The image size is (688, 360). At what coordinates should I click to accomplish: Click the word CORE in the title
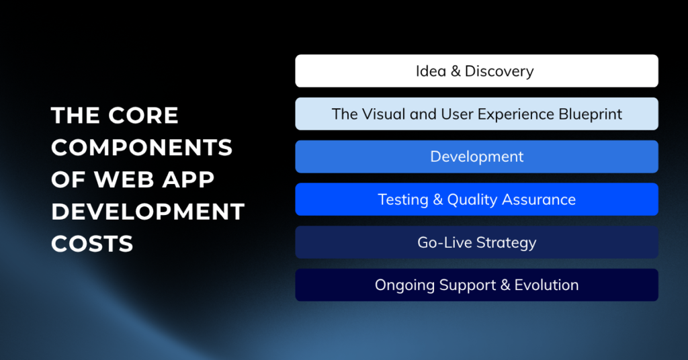[x=144, y=116]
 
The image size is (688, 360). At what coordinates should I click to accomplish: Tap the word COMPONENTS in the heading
[x=142, y=148]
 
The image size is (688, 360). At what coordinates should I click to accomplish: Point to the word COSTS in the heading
[x=92, y=244]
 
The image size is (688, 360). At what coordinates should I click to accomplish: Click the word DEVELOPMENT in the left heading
[x=148, y=212]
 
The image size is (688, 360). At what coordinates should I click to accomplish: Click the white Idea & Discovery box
[x=476, y=71]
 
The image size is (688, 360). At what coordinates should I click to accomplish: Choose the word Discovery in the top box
[x=499, y=71]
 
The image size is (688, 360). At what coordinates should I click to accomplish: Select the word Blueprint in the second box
[x=590, y=114]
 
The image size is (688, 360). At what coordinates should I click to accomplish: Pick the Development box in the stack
[x=476, y=156]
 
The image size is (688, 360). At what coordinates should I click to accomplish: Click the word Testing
[x=403, y=200]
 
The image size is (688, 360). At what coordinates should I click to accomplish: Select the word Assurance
[x=539, y=199]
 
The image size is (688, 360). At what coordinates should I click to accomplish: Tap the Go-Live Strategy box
[x=476, y=242]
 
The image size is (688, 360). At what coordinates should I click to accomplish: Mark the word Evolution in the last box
[x=547, y=285]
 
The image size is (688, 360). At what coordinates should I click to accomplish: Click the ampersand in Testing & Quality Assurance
[x=438, y=199]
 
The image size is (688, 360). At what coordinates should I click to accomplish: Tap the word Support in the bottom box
[x=468, y=285]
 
